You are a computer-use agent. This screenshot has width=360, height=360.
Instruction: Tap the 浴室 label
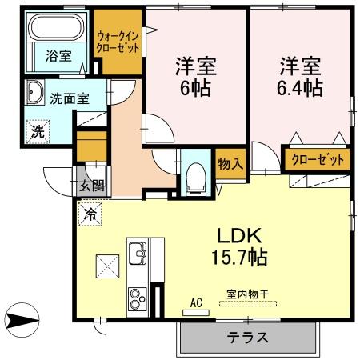tap(58, 57)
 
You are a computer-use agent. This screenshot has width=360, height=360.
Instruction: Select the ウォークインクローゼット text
tap(118, 42)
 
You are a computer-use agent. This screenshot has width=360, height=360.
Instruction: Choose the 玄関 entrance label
tap(91, 186)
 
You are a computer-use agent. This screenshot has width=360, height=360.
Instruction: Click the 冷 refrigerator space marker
tap(90, 214)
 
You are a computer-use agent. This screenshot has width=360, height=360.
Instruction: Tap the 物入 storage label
tap(230, 166)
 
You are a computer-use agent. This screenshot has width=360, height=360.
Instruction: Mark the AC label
tap(195, 302)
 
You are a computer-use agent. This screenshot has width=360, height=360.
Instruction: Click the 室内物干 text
tap(246, 294)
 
